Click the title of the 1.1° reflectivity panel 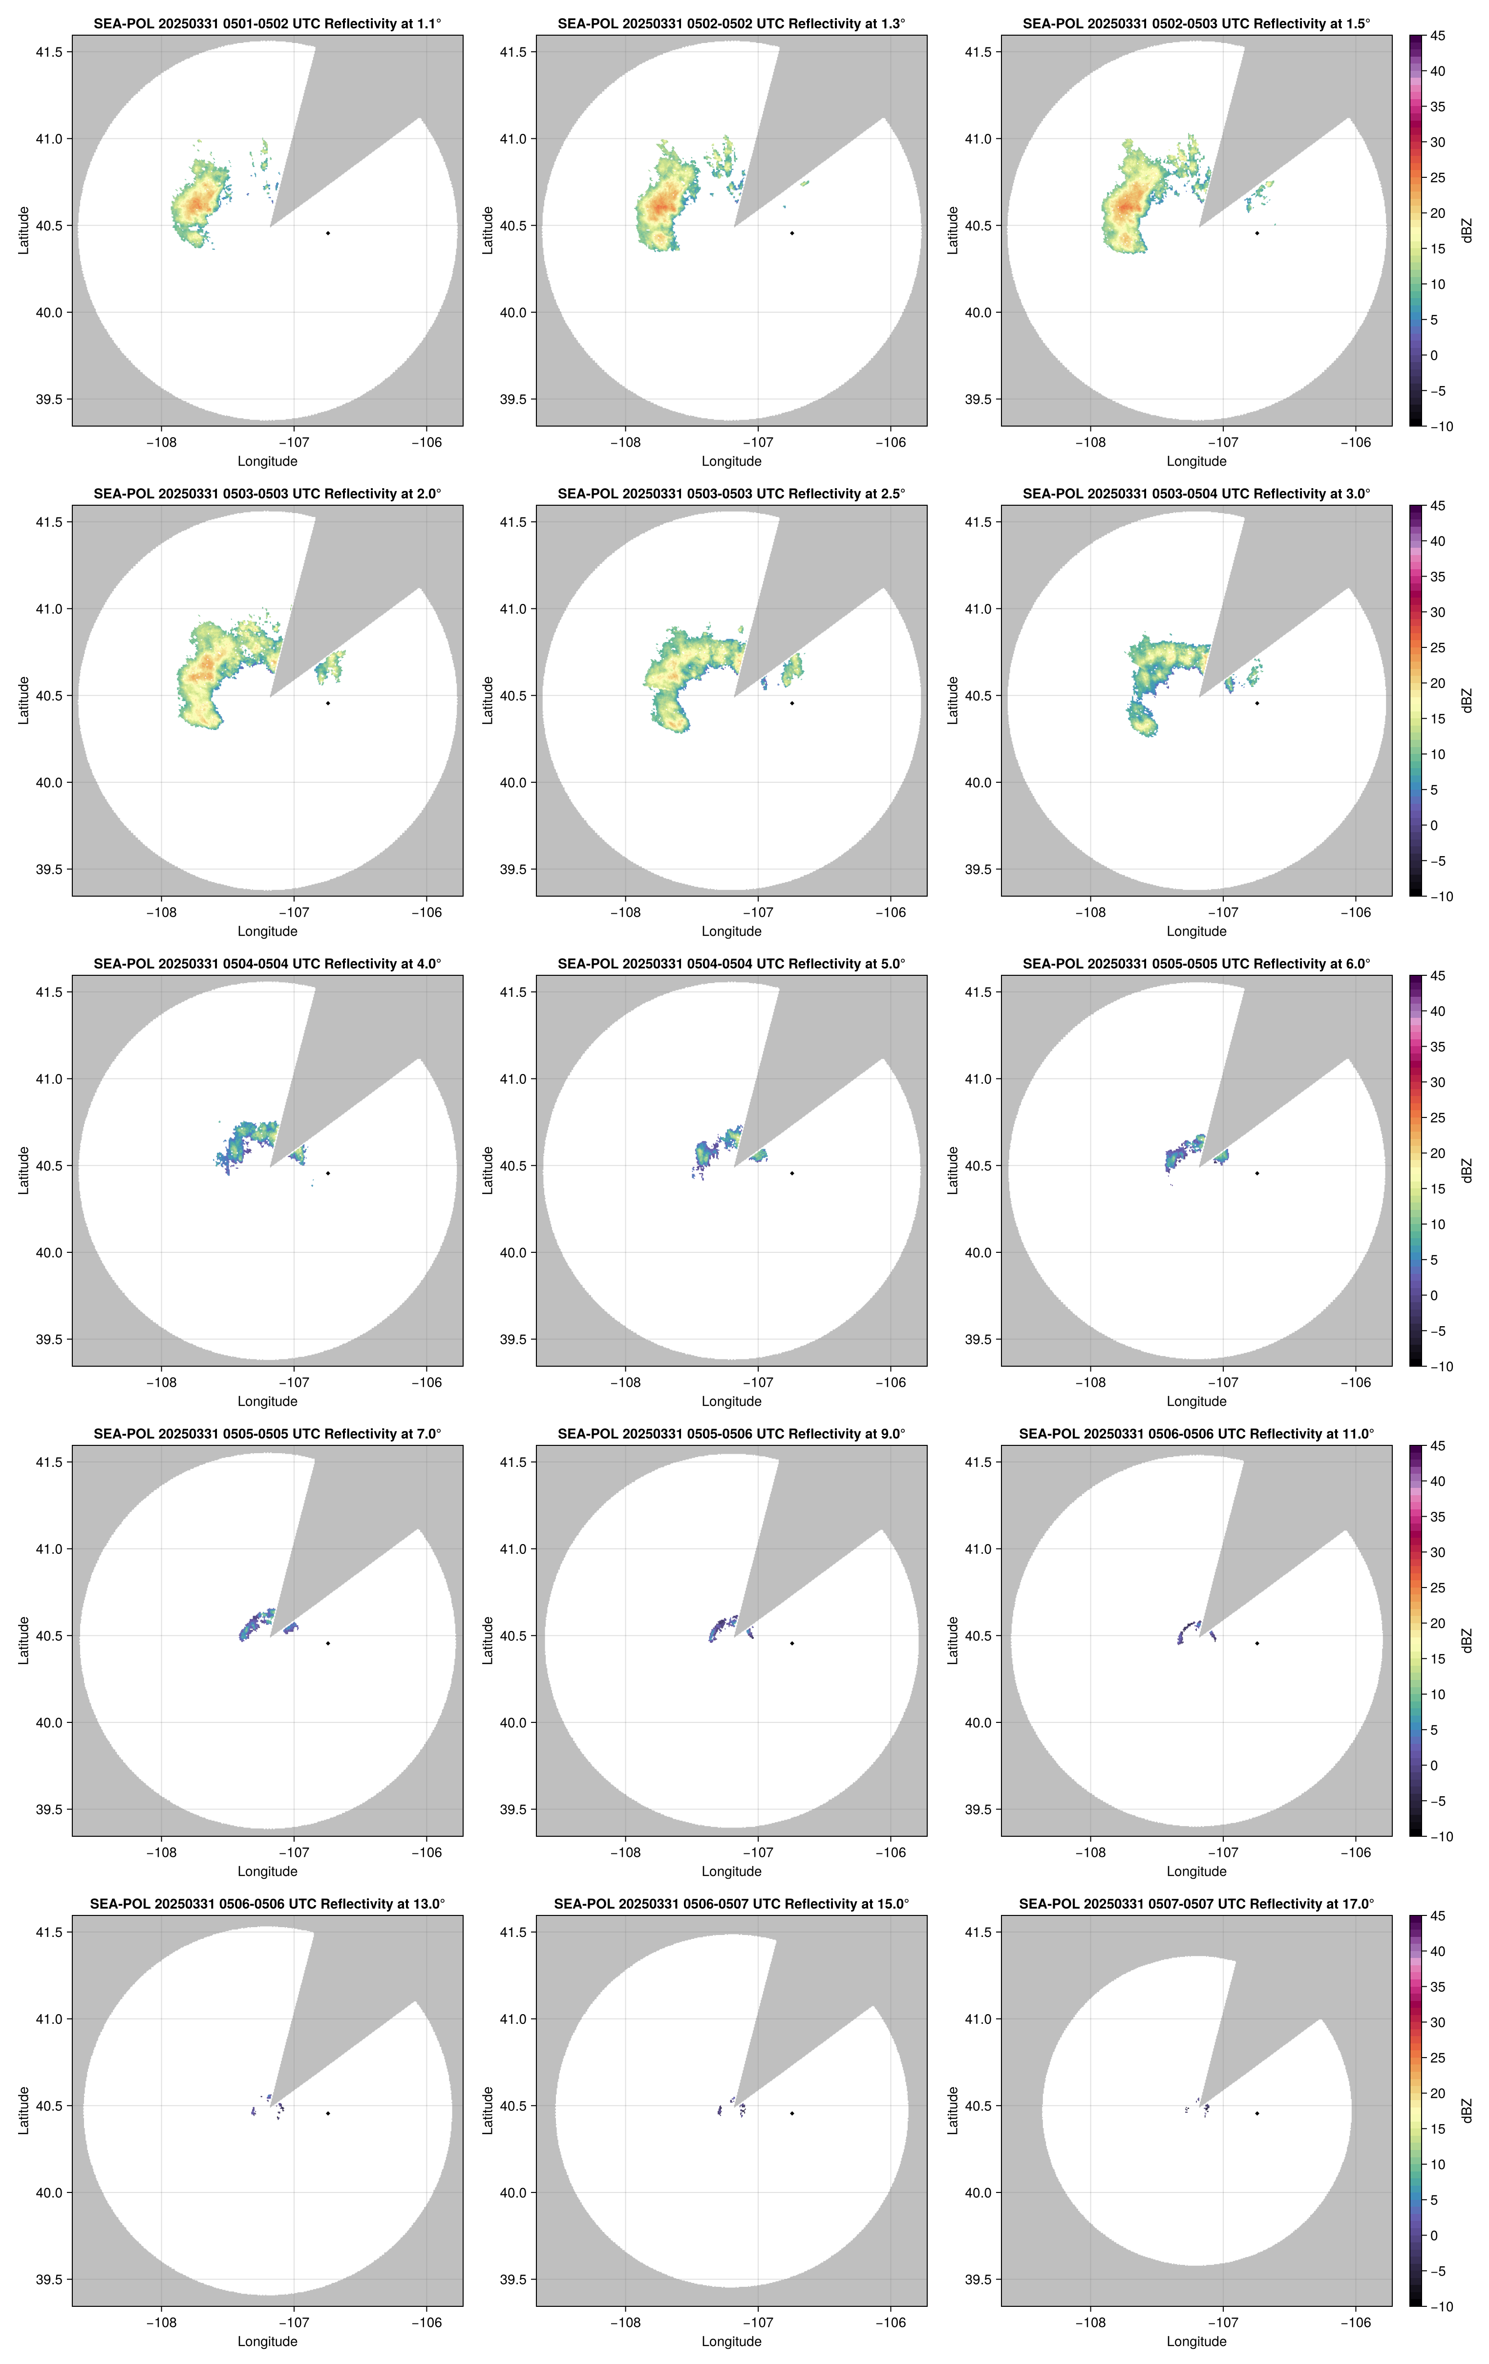point(267,23)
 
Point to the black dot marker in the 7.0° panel point(328,1643)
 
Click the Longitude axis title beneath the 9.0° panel point(731,1871)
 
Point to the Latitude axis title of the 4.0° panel point(23,1170)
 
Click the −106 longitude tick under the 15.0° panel point(890,2323)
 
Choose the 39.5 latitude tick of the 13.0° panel point(47,2279)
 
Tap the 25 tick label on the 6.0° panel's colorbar point(1437,1118)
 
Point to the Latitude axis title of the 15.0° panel point(488,2111)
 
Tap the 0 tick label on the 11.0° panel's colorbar point(1434,1765)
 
